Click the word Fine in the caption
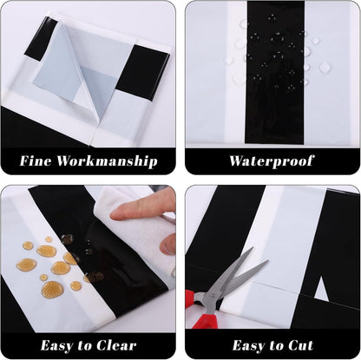pos(36,160)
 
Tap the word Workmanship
pos(107,161)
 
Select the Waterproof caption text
pos(272,161)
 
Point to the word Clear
pos(116,345)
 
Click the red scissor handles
pos(201,310)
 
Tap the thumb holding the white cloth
pos(168,245)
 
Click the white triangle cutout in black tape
pos(321,288)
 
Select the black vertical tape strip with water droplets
pos(275,72)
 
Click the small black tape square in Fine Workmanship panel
pos(41,38)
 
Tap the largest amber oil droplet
pos(52,290)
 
